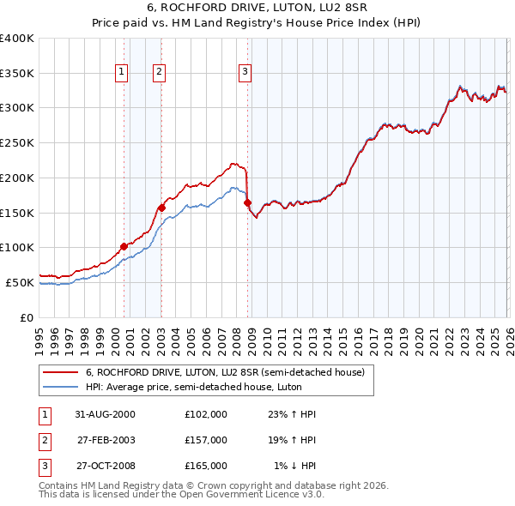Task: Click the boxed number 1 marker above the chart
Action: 123,72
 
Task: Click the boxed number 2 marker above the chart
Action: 160,72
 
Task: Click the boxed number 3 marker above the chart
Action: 245,72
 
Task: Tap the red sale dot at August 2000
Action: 124,246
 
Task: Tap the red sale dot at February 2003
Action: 161,208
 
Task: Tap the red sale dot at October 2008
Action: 247,203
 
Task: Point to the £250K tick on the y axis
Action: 17,143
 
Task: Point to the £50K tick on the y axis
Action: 20,282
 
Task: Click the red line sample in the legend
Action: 61,372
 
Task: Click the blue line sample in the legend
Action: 61,387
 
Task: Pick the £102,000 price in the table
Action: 206,413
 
